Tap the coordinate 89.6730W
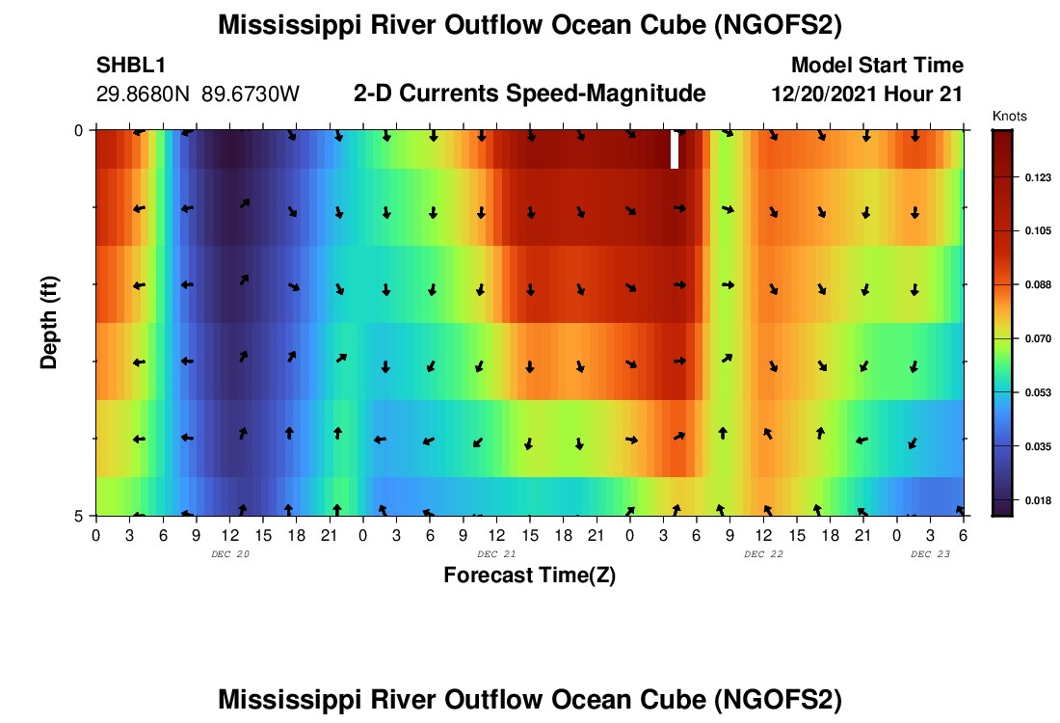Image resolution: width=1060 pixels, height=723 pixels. tap(251, 94)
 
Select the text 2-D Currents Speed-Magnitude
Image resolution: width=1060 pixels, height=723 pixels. tap(530, 94)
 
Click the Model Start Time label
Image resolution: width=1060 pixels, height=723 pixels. tap(877, 66)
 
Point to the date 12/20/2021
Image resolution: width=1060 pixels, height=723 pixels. tap(823, 94)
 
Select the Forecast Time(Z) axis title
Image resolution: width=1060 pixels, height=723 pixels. tap(529, 576)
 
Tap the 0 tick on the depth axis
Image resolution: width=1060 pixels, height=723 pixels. tap(80, 130)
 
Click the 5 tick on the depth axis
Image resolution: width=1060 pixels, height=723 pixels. tap(80, 516)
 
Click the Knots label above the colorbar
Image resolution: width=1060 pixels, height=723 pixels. tap(1009, 117)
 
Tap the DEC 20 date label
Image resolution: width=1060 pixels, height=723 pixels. tap(230, 554)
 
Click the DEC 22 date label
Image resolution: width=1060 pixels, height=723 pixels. tap(764, 554)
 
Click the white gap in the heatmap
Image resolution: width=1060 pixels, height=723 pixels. tap(675, 150)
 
